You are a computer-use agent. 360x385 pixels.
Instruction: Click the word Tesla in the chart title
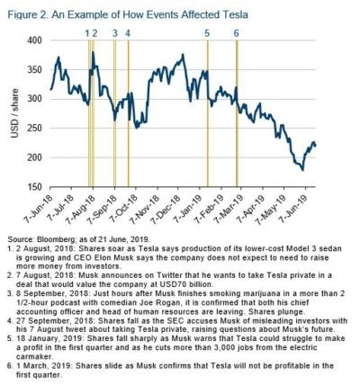click(x=234, y=14)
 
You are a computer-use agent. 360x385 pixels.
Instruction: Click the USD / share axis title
click(x=14, y=113)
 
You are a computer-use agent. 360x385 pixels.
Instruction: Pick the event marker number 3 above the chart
click(x=115, y=33)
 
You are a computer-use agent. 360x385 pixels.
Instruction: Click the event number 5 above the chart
click(x=207, y=33)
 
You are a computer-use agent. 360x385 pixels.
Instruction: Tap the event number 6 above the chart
click(x=237, y=33)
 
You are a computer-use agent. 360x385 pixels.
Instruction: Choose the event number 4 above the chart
click(x=128, y=33)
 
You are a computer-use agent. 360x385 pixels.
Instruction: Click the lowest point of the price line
click(x=302, y=170)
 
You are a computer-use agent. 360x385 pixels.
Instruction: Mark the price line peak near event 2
click(x=93, y=52)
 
